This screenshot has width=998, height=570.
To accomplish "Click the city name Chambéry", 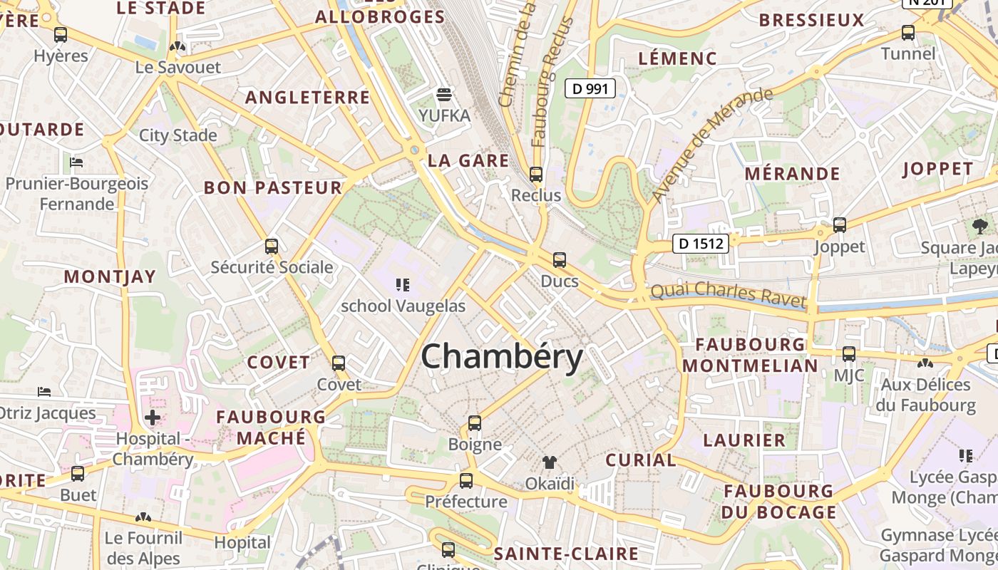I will point(502,356).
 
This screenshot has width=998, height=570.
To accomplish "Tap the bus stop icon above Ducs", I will point(560,260).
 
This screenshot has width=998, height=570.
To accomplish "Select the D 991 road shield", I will point(590,88).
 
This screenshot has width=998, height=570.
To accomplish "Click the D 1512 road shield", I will point(701,244).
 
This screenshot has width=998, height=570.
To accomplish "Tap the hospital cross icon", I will point(152,418).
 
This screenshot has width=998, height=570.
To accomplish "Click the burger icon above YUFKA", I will point(445,95).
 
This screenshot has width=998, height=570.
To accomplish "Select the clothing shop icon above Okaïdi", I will point(549,463).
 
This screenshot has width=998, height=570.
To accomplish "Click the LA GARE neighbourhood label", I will point(468,161).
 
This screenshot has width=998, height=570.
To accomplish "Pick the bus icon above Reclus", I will point(536,174).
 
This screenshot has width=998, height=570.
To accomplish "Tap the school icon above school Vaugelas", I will point(403,285).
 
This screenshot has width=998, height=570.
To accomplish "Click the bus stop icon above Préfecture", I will point(466,481).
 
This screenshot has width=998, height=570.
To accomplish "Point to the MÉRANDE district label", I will point(792,174).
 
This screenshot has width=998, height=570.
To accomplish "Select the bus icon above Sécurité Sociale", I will point(272,247).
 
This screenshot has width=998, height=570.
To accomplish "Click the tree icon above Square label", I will point(980,227).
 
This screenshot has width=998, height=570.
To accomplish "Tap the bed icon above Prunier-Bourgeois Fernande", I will point(76,162).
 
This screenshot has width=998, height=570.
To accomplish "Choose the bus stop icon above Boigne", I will point(475,423).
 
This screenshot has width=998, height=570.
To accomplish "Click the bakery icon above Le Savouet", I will point(178,47).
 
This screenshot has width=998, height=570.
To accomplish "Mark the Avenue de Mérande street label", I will point(712,144).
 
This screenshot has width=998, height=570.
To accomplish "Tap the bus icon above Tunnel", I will point(908,33).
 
